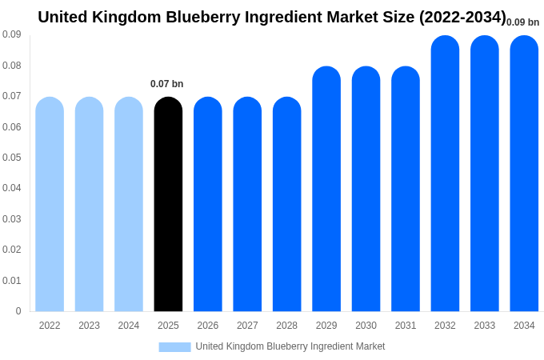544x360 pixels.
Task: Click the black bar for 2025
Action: (x=168, y=204)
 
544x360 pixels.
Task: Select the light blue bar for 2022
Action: (x=50, y=204)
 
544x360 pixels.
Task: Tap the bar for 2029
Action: (x=326, y=189)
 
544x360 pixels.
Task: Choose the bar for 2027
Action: (x=247, y=204)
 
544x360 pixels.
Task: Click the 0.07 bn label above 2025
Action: (x=166, y=84)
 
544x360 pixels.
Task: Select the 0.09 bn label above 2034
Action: (x=522, y=22)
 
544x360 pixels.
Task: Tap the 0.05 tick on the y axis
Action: (x=12, y=158)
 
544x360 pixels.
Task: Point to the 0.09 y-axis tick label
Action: (x=12, y=34)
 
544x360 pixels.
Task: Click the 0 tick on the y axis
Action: (x=18, y=311)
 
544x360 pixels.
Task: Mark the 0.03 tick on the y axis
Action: (x=12, y=219)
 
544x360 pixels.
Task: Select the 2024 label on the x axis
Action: (x=129, y=326)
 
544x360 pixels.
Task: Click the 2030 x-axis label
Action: (x=366, y=326)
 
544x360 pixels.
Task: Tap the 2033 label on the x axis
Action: (x=484, y=326)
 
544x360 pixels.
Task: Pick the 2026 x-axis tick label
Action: (x=208, y=326)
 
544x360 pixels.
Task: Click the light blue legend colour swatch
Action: (x=174, y=346)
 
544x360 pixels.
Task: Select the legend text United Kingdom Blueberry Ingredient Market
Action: (x=290, y=346)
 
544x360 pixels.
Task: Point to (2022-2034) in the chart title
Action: (x=462, y=17)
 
